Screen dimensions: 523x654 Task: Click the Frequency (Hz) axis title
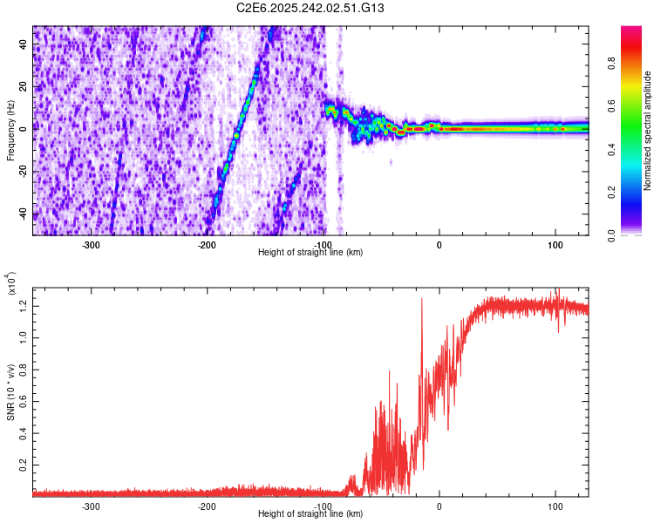[x=10, y=131]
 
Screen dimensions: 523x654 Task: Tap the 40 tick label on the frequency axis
[x=24, y=45]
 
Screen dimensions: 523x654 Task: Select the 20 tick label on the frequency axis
[x=24, y=87]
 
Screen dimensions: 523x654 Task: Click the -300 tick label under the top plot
[x=92, y=244]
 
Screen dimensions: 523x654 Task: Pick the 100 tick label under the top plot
[x=555, y=244]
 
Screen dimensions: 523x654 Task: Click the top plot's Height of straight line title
[x=310, y=252]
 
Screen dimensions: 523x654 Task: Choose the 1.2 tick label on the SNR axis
[x=24, y=305]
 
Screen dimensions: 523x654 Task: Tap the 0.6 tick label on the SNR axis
[x=24, y=400]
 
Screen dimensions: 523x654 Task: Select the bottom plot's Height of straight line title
[x=310, y=513]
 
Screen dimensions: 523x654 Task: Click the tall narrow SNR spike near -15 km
[x=422, y=301]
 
